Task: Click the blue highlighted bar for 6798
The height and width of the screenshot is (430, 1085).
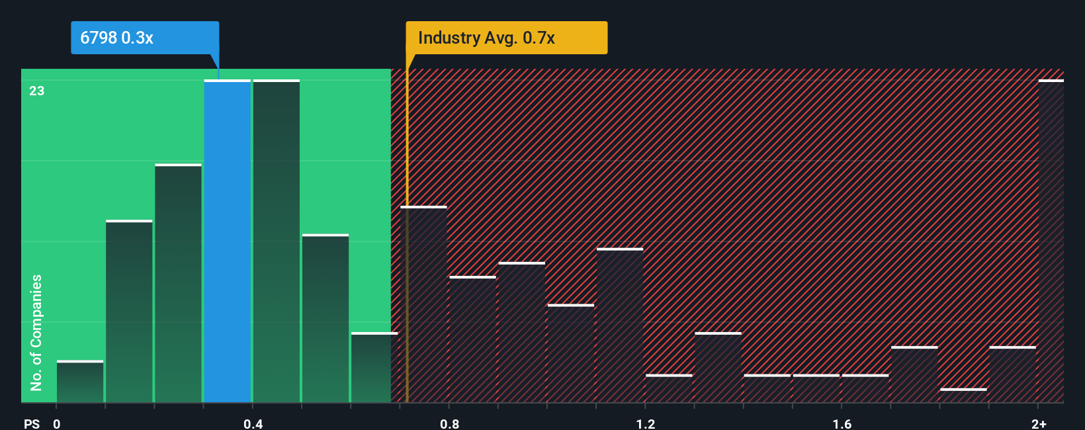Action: [228, 241]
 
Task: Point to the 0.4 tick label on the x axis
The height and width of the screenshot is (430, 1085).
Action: [253, 423]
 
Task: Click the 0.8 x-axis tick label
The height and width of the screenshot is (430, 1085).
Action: [449, 423]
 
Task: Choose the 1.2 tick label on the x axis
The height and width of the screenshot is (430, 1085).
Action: [646, 423]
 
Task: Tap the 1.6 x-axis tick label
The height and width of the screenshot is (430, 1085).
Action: [842, 423]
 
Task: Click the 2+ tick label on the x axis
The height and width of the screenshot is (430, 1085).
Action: [1039, 423]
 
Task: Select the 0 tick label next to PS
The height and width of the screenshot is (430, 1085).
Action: [57, 423]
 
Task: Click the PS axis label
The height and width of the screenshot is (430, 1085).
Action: [32, 423]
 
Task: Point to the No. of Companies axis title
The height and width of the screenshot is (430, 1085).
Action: [36, 332]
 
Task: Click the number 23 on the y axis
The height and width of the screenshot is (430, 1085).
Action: [37, 91]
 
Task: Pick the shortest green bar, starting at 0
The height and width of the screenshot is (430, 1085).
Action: [80, 382]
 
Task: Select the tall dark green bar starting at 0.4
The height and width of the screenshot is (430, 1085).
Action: [277, 241]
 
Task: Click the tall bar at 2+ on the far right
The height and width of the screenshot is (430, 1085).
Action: [1051, 241]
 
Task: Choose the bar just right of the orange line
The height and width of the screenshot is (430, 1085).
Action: [424, 304]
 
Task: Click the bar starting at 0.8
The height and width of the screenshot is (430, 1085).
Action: [473, 339]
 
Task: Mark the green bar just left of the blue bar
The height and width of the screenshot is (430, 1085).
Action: [179, 283]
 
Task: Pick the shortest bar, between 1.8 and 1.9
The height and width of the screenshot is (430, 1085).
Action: [963, 396]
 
